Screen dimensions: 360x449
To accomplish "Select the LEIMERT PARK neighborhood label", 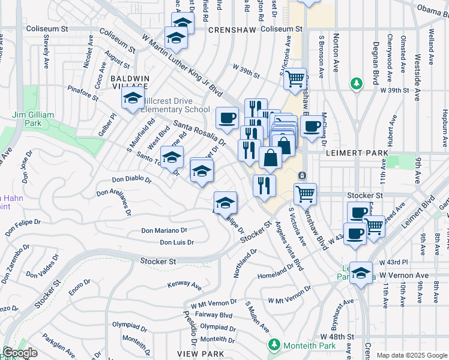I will pos(357,154).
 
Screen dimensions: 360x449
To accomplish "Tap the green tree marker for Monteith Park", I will pos(274,345).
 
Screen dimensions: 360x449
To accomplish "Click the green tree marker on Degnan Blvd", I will pos(356,82).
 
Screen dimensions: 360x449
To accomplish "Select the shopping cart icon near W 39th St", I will pos(294,78).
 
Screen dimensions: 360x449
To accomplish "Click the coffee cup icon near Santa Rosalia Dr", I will pos(226,117).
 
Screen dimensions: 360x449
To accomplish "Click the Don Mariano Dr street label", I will pos(164,230).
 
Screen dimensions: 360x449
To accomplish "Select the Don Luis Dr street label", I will pos(176,242).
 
